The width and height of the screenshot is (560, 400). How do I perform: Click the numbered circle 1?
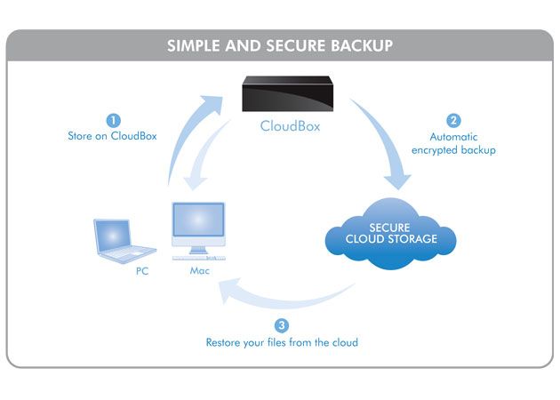[113, 120]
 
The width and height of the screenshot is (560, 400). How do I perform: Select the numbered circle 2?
[454, 120]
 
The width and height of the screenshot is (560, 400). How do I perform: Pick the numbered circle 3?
[282, 325]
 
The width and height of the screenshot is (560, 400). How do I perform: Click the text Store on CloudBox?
[113, 136]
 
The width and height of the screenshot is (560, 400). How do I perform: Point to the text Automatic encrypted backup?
[455, 143]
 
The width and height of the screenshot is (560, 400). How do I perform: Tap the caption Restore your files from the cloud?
[282, 341]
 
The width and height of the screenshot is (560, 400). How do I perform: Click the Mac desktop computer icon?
[197, 229]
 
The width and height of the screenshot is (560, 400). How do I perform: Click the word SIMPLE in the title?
[192, 45]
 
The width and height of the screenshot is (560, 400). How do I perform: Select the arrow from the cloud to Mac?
[284, 298]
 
